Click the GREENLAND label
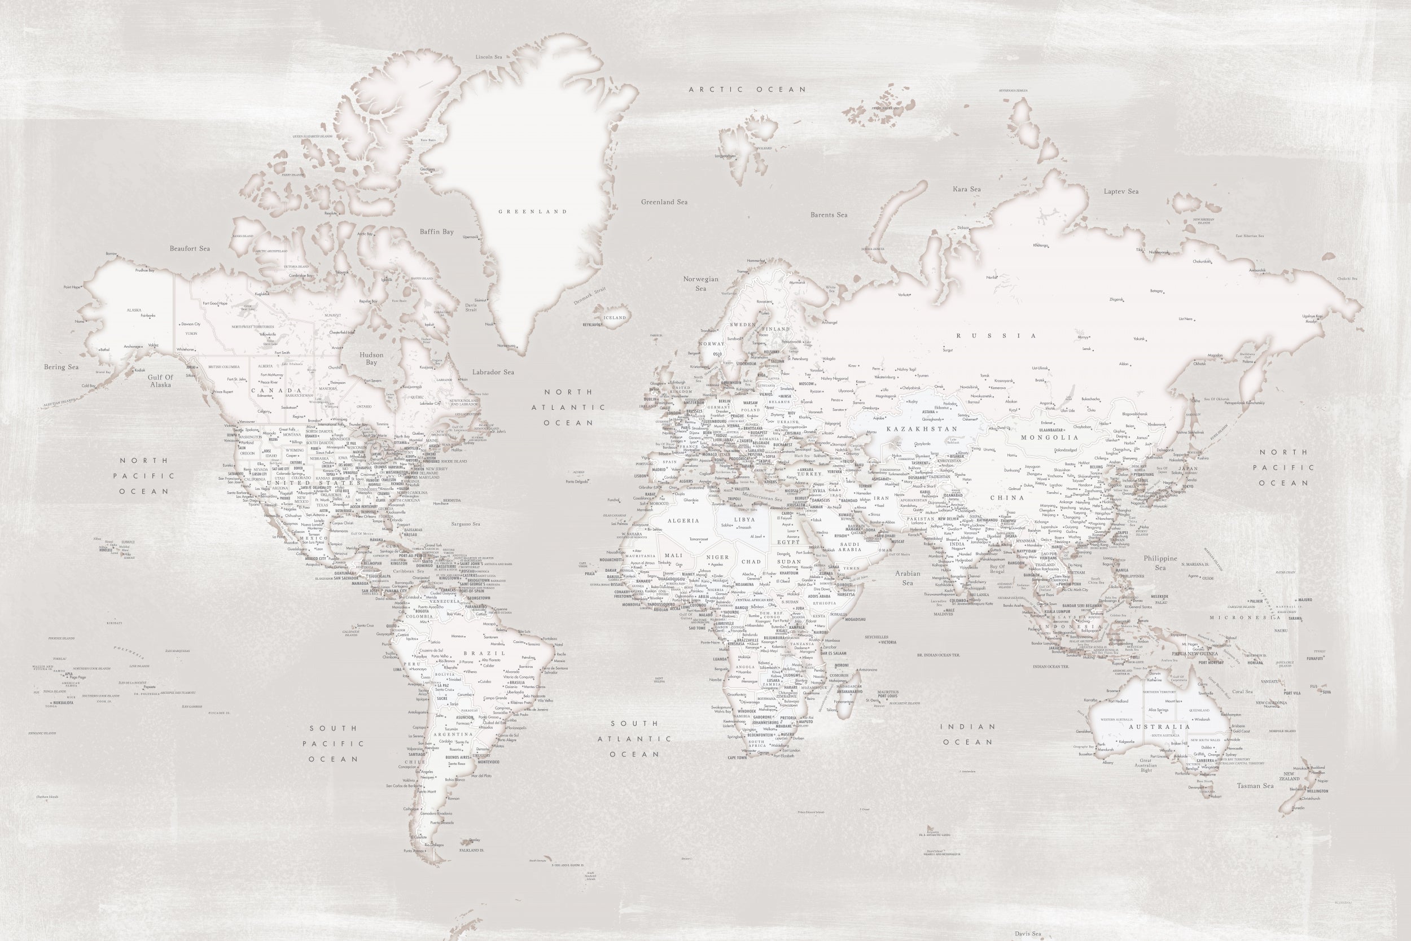533,211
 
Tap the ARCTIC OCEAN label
747,89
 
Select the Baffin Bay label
437,231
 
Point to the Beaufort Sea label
190,248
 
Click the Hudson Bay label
371,358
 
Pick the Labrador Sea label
493,372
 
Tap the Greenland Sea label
664,202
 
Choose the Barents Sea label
829,215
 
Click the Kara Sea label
966,189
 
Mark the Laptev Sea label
1121,191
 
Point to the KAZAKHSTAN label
922,429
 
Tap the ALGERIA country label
683,521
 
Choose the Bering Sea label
61,367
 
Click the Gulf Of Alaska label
161,381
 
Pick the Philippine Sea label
1160,562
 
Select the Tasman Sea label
1255,786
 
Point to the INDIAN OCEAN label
967,734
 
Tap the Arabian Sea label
908,578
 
